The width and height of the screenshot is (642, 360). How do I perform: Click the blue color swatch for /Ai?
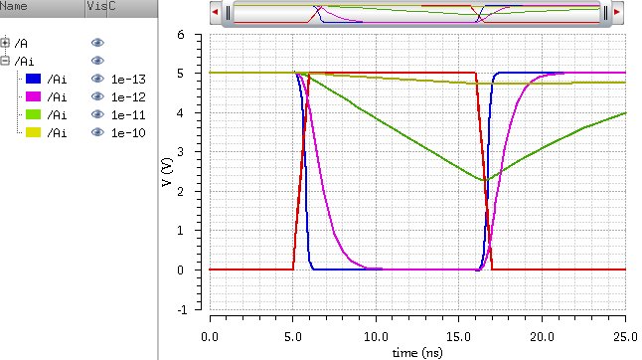pos(34,79)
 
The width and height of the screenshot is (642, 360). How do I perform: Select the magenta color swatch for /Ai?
pos(34,96)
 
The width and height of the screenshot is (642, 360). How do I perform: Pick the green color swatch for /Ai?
pos(34,114)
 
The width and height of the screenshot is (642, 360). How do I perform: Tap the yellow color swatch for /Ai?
pos(34,132)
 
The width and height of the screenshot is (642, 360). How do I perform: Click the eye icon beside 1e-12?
pos(97,96)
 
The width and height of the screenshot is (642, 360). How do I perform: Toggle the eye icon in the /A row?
pos(97,43)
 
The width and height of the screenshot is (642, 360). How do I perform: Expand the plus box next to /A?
pos(6,43)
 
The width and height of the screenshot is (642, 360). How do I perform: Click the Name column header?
pos(14,8)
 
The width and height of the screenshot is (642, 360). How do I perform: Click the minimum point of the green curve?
pos(484,180)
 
